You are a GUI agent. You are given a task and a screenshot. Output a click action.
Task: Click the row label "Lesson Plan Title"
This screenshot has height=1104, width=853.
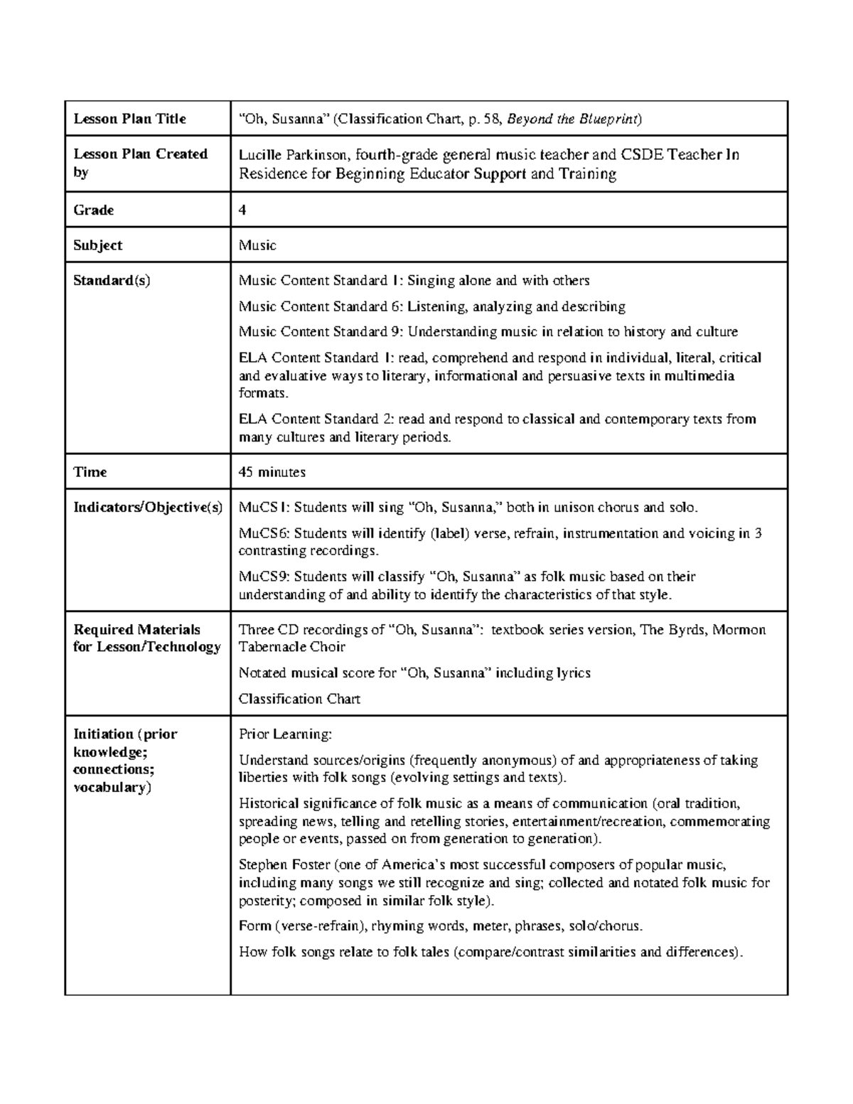tap(129, 119)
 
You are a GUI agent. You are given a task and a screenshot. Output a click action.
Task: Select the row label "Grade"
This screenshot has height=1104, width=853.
tap(94, 210)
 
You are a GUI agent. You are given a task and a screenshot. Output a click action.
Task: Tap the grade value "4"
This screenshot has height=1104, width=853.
tap(243, 210)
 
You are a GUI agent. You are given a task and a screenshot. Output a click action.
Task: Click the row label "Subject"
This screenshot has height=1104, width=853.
tap(98, 245)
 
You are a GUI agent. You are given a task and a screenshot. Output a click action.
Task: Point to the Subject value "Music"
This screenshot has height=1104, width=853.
tap(257, 245)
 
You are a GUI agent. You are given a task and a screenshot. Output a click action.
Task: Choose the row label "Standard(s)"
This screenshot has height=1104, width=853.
tap(112, 280)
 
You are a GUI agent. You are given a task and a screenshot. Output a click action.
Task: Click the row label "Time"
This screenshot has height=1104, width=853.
tap(90, 472)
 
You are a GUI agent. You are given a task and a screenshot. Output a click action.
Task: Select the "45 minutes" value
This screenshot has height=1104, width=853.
tap(272, 472)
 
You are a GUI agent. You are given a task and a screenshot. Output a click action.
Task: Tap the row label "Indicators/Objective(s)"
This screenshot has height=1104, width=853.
tap(148, 508)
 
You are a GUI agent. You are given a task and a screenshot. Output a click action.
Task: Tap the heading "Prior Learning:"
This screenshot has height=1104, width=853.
tap(285, 734)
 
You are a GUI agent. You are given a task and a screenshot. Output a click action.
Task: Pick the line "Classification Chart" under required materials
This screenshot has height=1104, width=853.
tap(299, 699)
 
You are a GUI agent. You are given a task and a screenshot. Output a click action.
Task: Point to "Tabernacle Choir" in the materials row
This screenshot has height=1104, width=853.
tap(291, 647)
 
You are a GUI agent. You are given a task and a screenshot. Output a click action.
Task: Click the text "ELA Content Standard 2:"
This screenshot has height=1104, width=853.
tap(316, 419)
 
